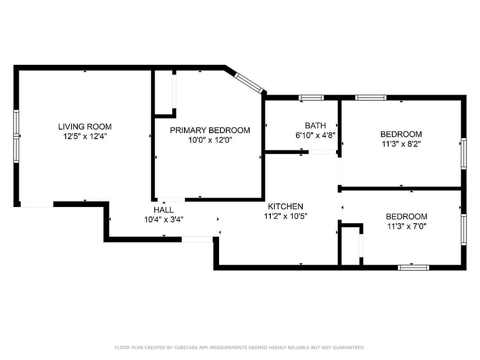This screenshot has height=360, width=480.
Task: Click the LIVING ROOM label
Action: click(85, 127)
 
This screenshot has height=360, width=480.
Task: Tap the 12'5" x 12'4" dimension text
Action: click(85, 136)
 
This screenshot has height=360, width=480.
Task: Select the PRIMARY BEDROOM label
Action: click(210, 130)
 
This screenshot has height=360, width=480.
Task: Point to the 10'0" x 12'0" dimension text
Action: click(210, 140)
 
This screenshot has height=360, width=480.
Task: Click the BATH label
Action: click(315, 126)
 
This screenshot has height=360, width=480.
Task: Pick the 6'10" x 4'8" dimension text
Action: click(315, 135)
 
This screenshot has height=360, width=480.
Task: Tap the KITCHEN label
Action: click(285, 207)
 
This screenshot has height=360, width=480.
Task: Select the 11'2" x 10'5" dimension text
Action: click(285, 216)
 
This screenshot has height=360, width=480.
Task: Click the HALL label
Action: click(163, 210)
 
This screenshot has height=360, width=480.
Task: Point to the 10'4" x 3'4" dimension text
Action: click(163, 220)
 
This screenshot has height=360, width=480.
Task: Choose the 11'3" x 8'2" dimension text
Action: click(401, 144)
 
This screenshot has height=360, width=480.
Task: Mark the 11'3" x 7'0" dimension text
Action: click(407, 226)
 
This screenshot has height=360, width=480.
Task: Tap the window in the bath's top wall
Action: click(311, 97)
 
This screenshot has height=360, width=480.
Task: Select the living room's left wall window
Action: click(17, 136)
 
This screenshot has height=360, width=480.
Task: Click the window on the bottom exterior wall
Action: click(413, 267)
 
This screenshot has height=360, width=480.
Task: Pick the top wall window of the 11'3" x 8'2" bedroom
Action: click(371, 97)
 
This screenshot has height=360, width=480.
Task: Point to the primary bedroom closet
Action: click(164, 92)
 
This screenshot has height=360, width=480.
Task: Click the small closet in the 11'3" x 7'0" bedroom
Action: click(350, 245)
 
